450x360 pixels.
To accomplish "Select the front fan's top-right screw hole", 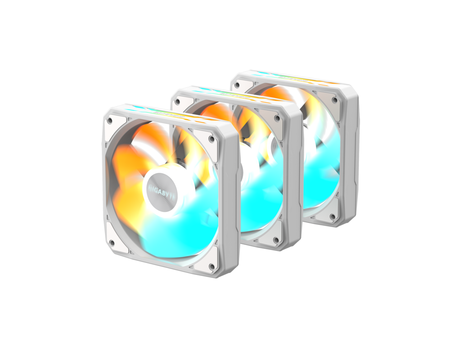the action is [x=212, y=139].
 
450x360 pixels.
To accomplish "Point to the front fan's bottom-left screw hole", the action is [x=112, y=243].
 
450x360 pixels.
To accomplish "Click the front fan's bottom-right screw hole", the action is [x=212, y=267].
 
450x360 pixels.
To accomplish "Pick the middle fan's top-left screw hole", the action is [x=177, y=101].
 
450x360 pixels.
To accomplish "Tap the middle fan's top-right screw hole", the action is [x=277, y=118].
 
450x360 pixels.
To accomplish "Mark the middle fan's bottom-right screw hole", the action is [x=276, y=240].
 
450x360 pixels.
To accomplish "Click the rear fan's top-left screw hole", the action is [x=237, y=85].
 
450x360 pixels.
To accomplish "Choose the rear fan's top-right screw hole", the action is [x=334, y=100].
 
